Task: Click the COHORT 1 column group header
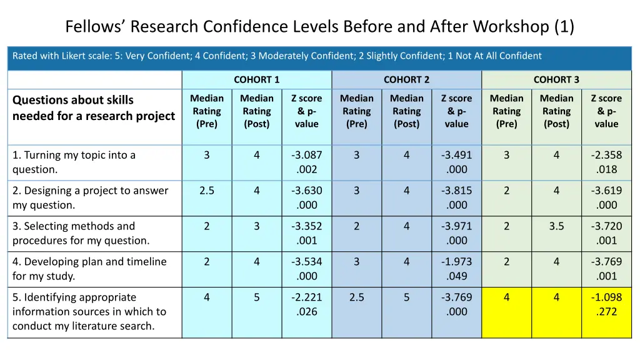click(x=256, y=79)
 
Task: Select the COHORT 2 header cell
click(x=406, y=79)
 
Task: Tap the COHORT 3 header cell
click(x=556, y=79)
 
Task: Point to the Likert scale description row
click(x=277, y=56)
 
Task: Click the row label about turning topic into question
click(x=74, y=162)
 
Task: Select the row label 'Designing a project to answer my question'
click(x=90, y=197)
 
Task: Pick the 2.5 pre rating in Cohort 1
click(x=207, y=191)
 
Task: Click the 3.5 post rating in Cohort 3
click(x=556, y=226)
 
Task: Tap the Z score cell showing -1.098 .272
click(x=606, y=304)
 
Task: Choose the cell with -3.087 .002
click(x=307, y=162)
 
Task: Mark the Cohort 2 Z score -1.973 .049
click(x=457, y=269)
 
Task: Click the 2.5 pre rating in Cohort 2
click(x=357, y=297)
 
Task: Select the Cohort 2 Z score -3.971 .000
click(x=457, y=233)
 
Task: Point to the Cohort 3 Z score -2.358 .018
click(x=606, y=162)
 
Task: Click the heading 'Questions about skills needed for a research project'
click(x=94, y=107)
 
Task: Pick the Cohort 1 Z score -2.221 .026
click(x=307, y=304)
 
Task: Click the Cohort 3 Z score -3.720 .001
click(x=606, y=233)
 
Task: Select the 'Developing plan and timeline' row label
click(x=89, y=269)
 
